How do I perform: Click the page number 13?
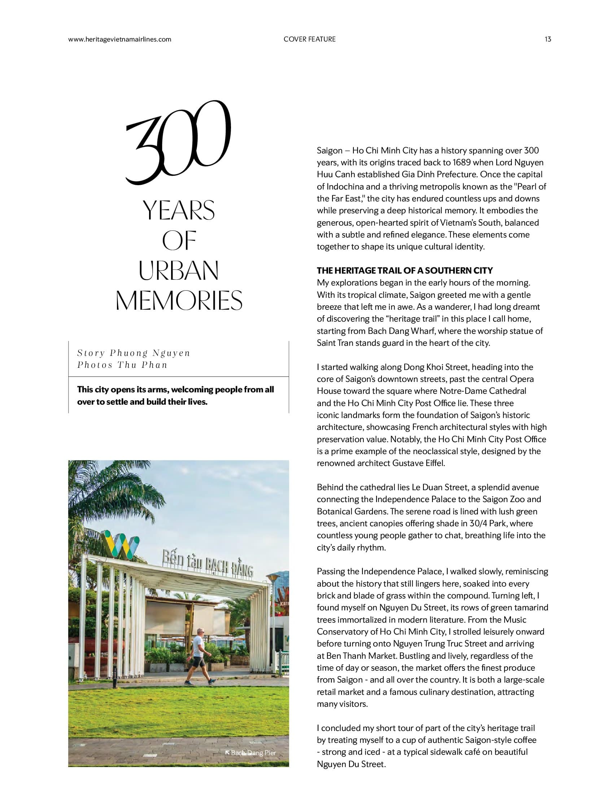(548, 39)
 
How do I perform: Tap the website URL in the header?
(119, 39)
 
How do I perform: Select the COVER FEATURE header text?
(309, 39)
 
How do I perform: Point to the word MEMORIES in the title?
(179, 300)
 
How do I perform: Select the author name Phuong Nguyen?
(150, 353)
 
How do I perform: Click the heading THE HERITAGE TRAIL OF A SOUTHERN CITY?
(405, 270)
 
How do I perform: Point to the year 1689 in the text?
(463, 162)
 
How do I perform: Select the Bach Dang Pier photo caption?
(253, 753)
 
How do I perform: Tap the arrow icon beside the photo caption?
(227, 753)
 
